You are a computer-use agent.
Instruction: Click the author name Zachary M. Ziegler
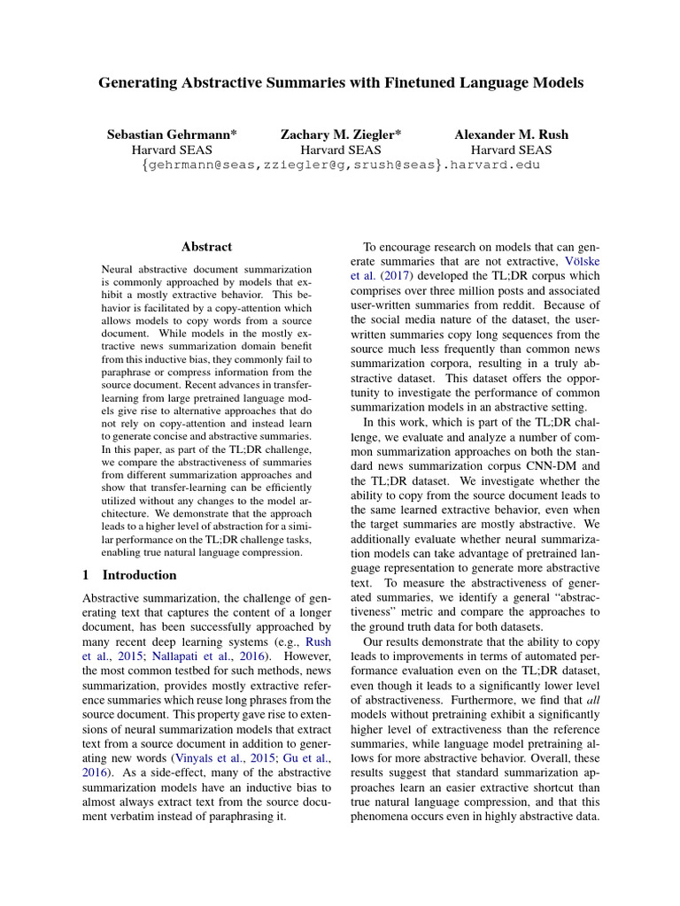[340, 134]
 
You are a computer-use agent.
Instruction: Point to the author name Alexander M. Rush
[511, 134]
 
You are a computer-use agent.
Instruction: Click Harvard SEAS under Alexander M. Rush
[511, 150]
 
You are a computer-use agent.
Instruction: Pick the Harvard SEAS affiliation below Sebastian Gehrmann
[171, 150]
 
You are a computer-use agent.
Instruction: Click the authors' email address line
[341, 166]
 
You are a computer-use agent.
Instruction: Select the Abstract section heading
[206, 248]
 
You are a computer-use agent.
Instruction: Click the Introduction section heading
[139, 575]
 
